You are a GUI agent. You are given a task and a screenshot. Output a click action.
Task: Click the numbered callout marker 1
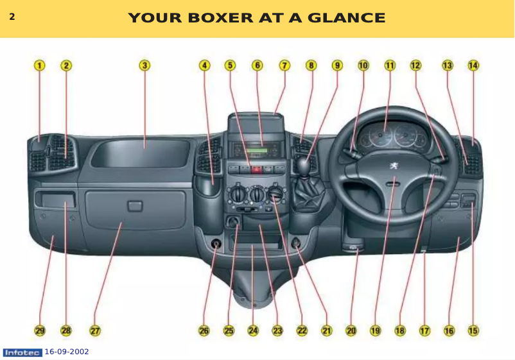pos(40,65)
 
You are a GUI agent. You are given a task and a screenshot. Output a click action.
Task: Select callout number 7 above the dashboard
pos(284,65)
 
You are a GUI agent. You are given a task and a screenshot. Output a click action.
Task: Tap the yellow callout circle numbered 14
pos(473,65)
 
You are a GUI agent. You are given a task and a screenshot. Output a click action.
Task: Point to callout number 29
pos(40,331)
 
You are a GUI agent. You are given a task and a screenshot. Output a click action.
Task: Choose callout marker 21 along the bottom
pos(326,331)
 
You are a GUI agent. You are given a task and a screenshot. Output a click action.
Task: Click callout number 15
pos(473,331)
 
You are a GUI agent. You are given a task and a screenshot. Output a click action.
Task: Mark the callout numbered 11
pos(390,65)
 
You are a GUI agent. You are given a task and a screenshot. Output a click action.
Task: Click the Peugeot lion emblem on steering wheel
pos(391,166)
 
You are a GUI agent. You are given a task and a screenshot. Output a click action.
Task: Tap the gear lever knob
pos(303,166)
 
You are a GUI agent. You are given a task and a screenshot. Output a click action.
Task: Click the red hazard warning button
pos(257,170)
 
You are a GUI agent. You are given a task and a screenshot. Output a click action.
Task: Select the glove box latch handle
pos(135,206)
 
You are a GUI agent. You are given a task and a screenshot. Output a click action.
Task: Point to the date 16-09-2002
pos(67,352)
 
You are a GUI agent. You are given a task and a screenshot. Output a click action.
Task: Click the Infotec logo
pos(22,352)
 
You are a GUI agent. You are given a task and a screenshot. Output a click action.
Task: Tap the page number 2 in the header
pos(12,17)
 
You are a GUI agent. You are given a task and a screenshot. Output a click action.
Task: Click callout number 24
pos(253,331)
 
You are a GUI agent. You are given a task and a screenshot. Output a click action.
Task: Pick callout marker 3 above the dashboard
pos(145,65)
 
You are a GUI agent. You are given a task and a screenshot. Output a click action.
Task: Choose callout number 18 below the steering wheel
pos(400,331)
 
